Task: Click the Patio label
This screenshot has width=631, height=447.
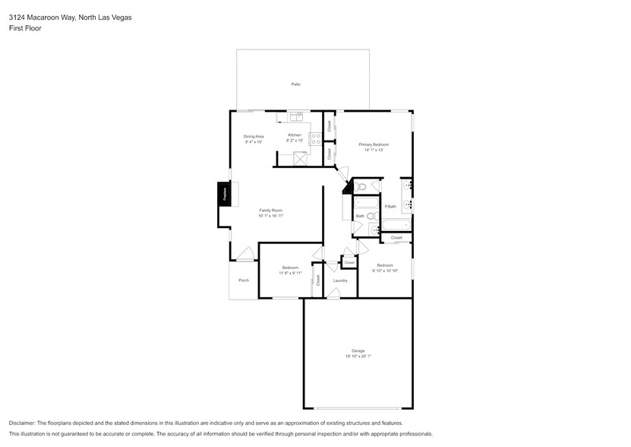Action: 295,84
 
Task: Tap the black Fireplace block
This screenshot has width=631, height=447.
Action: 225,194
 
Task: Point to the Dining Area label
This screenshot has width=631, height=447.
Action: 253,136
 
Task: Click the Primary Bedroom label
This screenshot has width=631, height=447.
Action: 374,144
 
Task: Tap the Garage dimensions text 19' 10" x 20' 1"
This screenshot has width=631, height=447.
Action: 358,356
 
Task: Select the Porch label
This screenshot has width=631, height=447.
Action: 244,281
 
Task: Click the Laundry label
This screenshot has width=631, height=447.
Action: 340,281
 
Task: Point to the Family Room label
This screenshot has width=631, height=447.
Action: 271,210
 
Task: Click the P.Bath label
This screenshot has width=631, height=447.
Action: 390,207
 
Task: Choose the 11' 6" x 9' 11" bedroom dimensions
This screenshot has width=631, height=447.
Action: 290,273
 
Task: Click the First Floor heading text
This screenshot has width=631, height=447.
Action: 25,28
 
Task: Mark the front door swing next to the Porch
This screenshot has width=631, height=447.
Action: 244,254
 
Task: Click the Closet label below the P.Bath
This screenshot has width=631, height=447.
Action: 396,238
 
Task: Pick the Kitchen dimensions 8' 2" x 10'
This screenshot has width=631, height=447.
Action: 295,141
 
